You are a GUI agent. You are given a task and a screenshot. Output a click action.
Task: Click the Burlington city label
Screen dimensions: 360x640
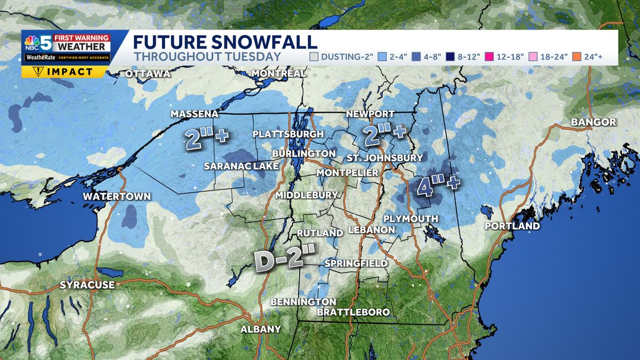[x=303, y=154]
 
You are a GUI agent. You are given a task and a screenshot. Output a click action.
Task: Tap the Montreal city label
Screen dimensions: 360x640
[x=278, y=73]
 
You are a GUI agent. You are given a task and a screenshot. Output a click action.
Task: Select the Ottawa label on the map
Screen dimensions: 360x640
[x=148, y=74]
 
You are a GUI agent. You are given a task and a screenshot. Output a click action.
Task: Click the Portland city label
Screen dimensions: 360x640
[x=512, y=226]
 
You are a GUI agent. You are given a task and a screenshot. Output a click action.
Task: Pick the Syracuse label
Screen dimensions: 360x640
[x=87, y=285]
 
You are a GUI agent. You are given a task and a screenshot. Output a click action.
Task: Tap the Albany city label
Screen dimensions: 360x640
[x=260, y=329]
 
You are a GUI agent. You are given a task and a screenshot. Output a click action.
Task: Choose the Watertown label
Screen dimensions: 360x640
[x=117, y=197]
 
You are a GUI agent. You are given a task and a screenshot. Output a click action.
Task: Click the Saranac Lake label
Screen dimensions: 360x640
[x=241, y=166]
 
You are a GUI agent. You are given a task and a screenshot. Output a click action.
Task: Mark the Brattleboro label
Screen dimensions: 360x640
[x=353, y=312]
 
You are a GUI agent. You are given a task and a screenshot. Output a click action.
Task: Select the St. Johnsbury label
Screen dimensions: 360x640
[x=385, y=158]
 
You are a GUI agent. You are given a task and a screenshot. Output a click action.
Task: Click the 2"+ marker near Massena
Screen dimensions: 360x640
[x=207, y=138]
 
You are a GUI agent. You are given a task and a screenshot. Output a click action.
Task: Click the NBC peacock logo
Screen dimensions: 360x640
[x=31, y=43]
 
